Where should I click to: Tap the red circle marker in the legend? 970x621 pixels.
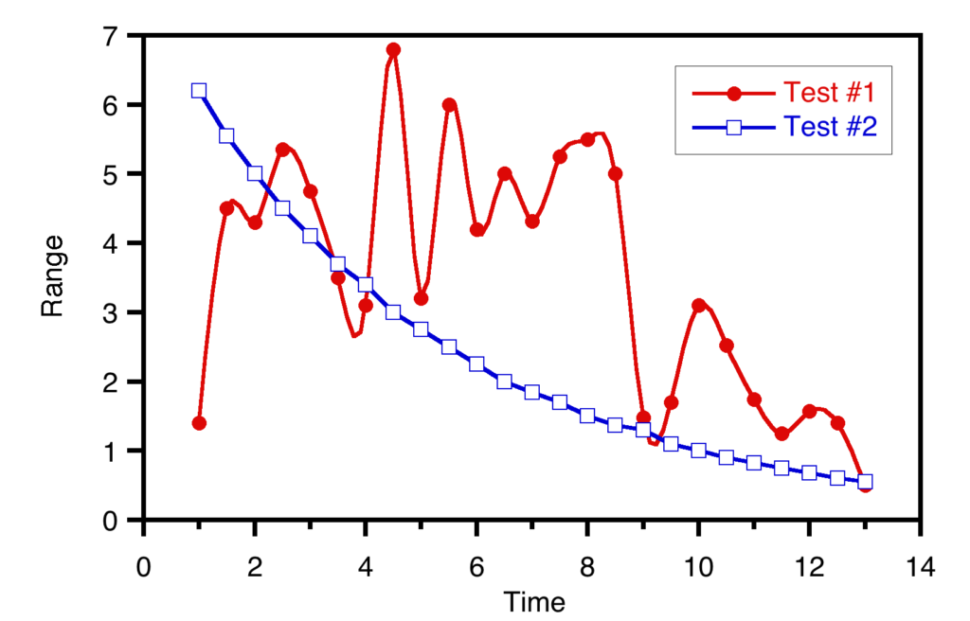click(733, 93)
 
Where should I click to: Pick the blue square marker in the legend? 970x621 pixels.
click(733, 127)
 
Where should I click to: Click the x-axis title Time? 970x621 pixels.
click(533, 602)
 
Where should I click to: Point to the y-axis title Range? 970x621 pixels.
click(52, 276)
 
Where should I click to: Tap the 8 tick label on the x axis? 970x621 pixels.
click(587, 568)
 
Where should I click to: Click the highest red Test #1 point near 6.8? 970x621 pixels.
click(393, 49)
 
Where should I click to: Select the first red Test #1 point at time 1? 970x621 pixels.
click(199, 423)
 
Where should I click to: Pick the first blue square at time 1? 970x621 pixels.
click(199, 91)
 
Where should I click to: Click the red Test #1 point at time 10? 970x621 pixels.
click(698, 306)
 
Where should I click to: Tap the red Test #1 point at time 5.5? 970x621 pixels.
click(449, 105)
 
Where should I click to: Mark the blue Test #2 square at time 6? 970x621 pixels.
click(476, 364)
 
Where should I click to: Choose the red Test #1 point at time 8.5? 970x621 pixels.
click(616, 174)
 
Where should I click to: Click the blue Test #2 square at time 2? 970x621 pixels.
click(255, 173)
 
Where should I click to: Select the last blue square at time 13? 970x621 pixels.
click(865, 482)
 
